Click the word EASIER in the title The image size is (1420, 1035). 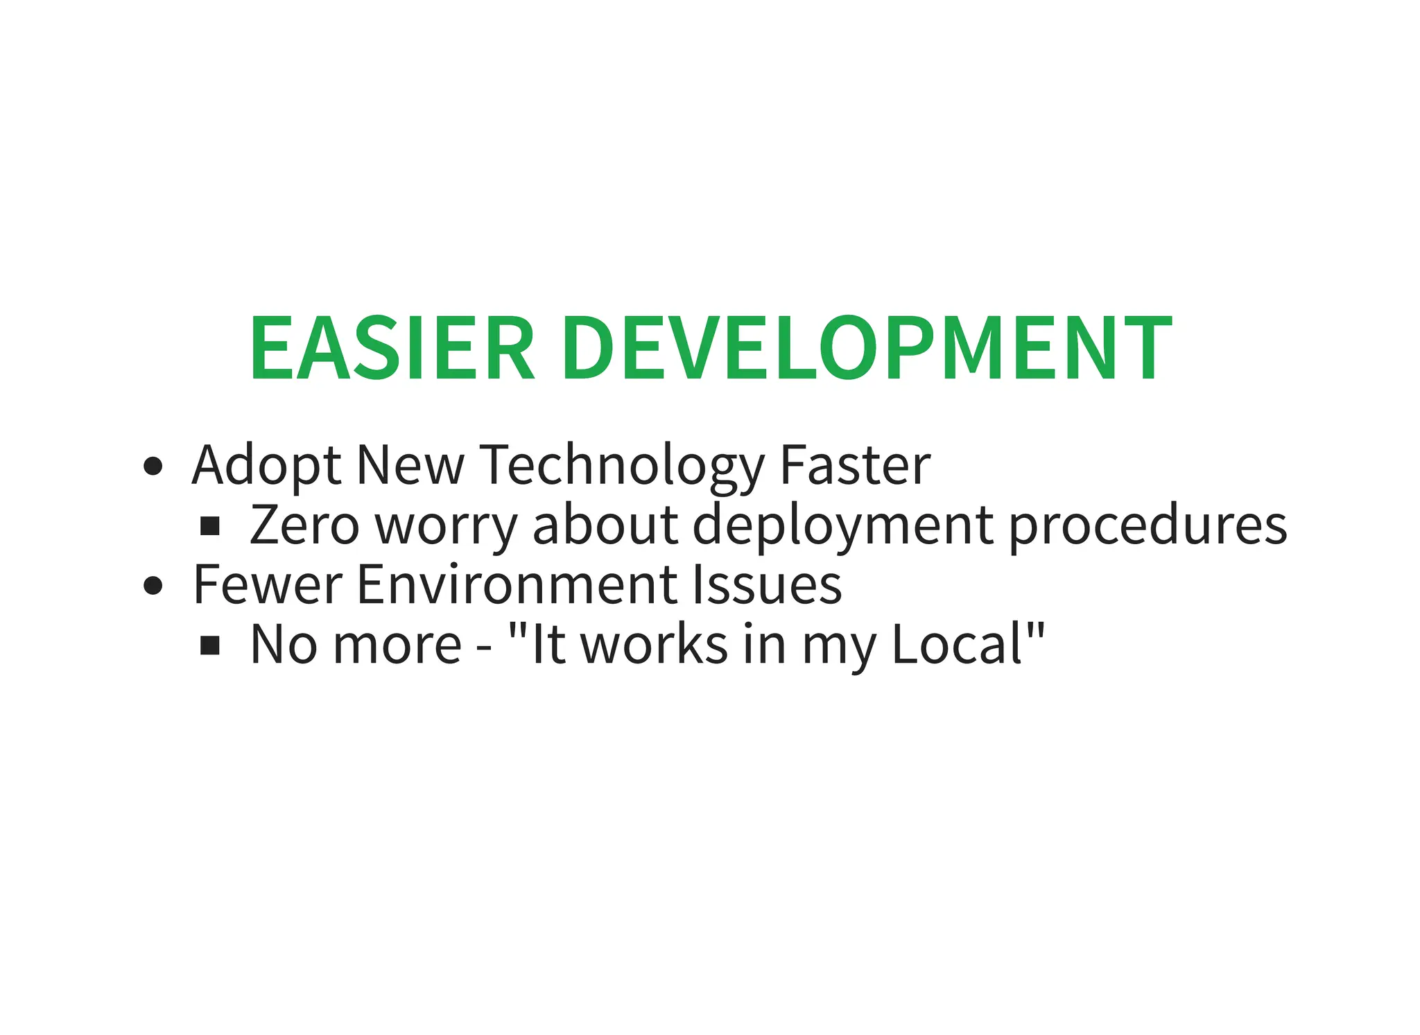(x=392, y=348)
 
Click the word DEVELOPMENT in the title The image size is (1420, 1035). (x=867, y=348)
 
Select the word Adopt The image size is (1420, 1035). (x=266, y=466)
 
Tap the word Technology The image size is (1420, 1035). (x=622, y=466)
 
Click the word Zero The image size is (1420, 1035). (x=304, y=525)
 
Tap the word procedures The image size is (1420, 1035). (x=1148, y=525)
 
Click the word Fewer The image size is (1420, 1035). (x=268, y=584)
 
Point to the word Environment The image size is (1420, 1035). (x=517, y=584)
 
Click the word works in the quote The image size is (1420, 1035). (x=654, y=645)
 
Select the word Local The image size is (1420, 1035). (x=957, y=645)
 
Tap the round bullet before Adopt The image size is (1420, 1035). (x=153, y=467)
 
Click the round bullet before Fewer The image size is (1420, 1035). (x=153, y=586)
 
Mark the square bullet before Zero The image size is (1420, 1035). (x=210, y=527)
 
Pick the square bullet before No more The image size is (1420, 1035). (x=210, y=646)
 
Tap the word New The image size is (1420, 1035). (x=410, y=466)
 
